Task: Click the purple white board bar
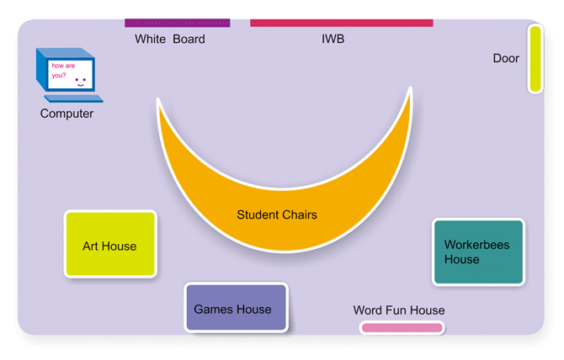pos(177,23)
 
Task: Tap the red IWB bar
pos(341,23)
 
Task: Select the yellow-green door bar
pos(535,59)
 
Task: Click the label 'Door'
pos(506,59)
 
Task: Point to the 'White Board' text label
pos(169,40)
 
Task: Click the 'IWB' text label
pos(333,40)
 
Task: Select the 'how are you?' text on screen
pos(64,70)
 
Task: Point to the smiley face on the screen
pos(81,81)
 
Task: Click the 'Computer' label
pos(67,114)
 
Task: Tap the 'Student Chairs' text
pos(277,215)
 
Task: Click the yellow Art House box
pos(110,245)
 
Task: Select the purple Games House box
pos(236,309)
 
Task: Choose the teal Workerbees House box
pos(478,252)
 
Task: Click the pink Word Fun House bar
pos(402,328)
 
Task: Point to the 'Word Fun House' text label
pos(399,310)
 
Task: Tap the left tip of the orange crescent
pos(159,103)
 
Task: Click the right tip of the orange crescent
pos(409,89)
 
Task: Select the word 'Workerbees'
pos(476,245)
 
